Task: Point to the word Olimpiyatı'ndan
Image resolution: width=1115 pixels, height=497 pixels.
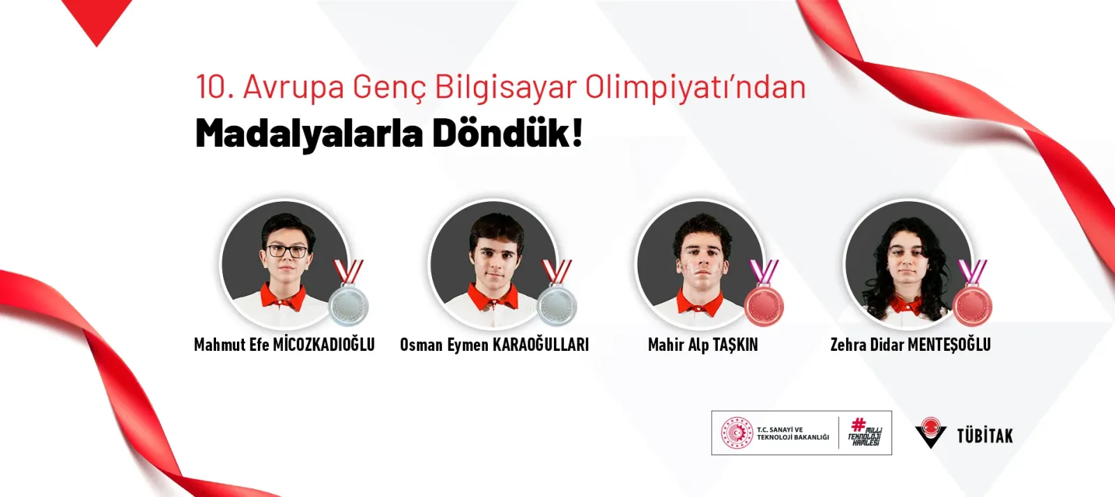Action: click(x=695, y=88)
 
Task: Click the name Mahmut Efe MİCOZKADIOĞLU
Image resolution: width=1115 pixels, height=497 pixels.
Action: click(x=284, y=345)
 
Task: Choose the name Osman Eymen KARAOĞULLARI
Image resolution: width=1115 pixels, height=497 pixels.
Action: click(x=494, y=345)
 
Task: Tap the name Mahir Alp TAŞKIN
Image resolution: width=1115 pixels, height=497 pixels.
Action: click(x=703, y=345)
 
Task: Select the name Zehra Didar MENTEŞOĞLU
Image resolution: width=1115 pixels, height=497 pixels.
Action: click(x=910, y=345)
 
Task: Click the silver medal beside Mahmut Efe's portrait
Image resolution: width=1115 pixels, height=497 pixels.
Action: click(x=348, y=293)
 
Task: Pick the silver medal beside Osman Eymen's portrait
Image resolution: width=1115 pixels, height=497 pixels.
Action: click(x=557, y=293)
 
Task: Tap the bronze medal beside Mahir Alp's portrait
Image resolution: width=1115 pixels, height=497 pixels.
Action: click(x=764, y=293)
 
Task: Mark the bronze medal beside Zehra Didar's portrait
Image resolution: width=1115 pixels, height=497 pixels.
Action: click(x=972, y=293)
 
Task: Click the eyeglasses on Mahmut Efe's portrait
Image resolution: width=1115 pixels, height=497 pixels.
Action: click(x=288, y=251)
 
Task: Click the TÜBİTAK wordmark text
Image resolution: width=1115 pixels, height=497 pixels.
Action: click(x=985, y=436)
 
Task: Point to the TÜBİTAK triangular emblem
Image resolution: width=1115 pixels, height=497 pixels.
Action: click(x=930, y=432)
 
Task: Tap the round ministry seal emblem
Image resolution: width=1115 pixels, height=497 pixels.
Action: click(x=737, y=433)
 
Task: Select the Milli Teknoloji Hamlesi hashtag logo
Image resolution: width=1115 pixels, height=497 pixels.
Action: click(x=865, y=432)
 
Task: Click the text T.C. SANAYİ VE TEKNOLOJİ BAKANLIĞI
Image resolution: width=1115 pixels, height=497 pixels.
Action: click(x=793, y=434)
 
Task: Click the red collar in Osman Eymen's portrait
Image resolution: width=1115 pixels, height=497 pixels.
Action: click(x=493, y=297)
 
